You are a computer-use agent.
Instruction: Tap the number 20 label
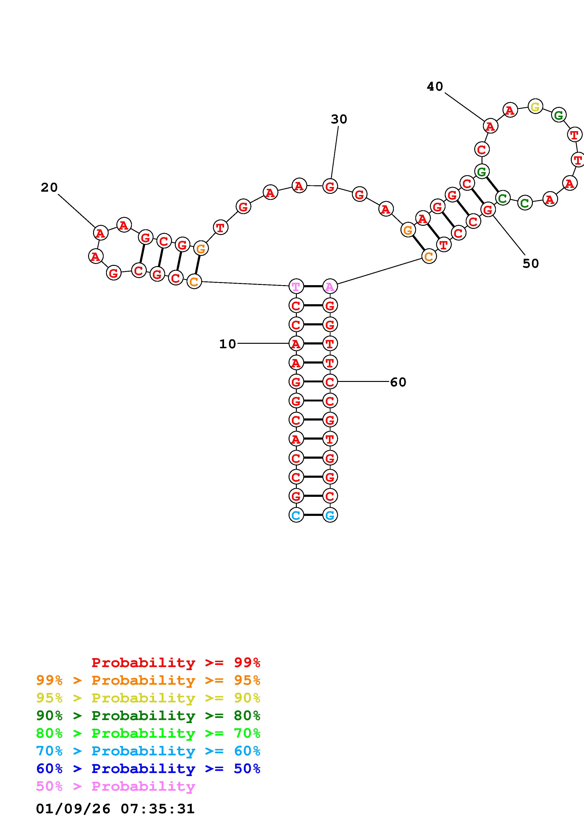tap(49, 187)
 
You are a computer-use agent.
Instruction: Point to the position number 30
tap(339, 119)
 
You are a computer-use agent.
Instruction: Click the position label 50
tap(531, 263)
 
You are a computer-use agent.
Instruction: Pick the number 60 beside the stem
tap(398, 382)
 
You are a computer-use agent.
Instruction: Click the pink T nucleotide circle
tap(296, 286)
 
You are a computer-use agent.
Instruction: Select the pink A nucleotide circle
tap(330, 286)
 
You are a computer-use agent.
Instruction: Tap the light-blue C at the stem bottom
tap(296, 515)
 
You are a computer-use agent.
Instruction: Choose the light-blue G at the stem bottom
tap(330, 515)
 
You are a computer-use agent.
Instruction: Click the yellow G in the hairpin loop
tap(535, 106)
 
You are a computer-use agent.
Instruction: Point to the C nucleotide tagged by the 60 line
tap(330, 382)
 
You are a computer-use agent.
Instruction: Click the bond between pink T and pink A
tap(313, 286)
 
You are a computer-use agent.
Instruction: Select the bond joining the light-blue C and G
tap(313, 515)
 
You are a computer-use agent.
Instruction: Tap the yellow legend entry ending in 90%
tap(148, 698)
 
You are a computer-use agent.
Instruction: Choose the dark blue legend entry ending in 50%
tap(148, 769)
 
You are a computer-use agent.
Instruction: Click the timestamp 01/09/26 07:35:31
tap(115, 809)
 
